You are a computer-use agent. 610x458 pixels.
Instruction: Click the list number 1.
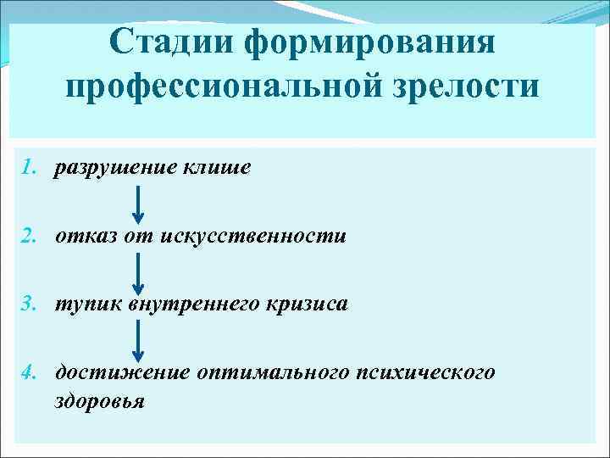pyautogui.click(x=29, y=168)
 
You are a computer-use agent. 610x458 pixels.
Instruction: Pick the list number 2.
pyautogui.click(x=29, y=236)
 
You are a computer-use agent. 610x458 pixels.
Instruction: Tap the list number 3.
pyautogui.click(x=29, y=304)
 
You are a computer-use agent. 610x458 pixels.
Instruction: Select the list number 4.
pyautogui.click(x=29, y=371)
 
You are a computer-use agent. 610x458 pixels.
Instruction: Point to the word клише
pyautogui.click(x=216, y=168)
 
